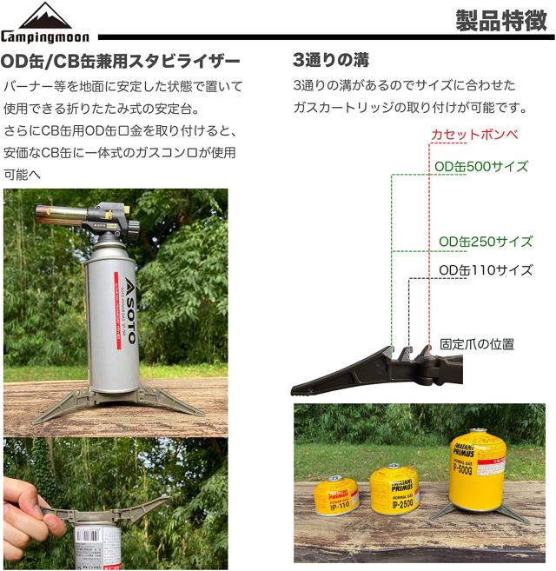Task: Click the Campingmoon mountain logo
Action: (46, 17)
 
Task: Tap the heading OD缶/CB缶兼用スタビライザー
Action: (121, 62)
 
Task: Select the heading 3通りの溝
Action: (331, 61)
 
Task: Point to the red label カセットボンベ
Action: (474, 135)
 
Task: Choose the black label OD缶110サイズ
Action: (485, 270)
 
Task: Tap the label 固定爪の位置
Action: (477, 344)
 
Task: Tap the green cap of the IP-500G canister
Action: (476, 432)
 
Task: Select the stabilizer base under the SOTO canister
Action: (117, 403)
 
